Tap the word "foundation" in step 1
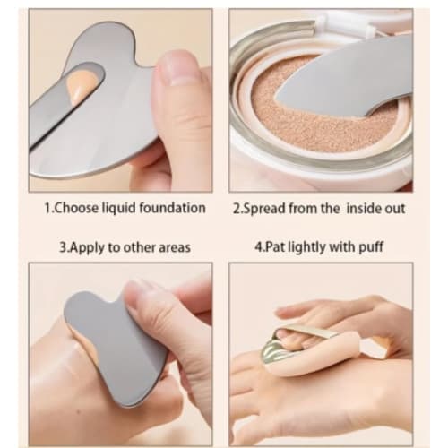tap(175, 208)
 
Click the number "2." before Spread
tap(237, 208)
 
